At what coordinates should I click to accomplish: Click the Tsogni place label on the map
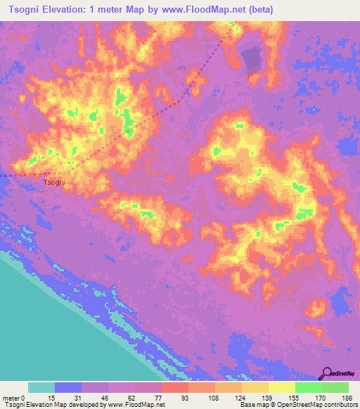pyautogui.click(x=54, y=182)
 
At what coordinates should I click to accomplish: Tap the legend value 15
pyautogui.click(x=41, y=397)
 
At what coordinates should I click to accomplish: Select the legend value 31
pyautogui.click(x=68, y=397)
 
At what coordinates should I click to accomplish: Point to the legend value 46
pyautogui.click(x=95, y=397)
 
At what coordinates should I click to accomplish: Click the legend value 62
pyautogui.click(x=122, y=397)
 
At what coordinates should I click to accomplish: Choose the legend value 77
pyautogui.click(x=148, y=397)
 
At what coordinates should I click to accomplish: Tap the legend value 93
pyautogui.click(x=175, y=397)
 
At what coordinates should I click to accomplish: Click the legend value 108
pyautogui.click(x=203, y=397)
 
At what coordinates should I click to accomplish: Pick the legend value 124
pyautogui.click(x=230, y=397)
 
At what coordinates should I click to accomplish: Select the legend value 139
pyautogui.click(x=257, y=397)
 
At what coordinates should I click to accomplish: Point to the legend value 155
pyautogui.click(x=283, y=397)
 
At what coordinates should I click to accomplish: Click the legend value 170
pyautogui.click(x=310, y=397)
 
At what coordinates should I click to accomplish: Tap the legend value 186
pyautogui.click(x=337, y=397)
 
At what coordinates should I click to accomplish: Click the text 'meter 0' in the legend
pyautogui.click(x=13, y=397)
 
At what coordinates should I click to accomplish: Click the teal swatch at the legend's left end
pyautogui.click(x=41, y=387)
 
